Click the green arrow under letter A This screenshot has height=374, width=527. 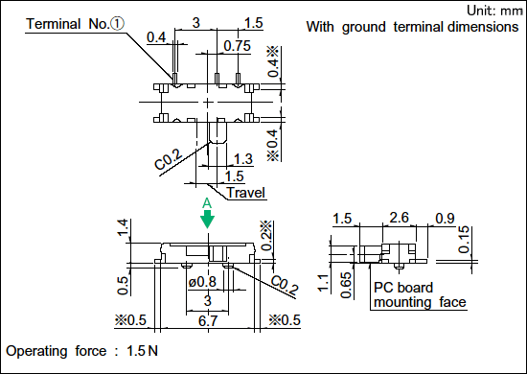pos(207,220)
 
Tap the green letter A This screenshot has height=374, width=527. pos(207,203)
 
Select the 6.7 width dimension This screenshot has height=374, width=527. pos(208,321)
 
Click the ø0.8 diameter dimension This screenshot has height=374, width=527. pos(202,282)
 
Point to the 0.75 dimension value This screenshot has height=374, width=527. pos(238,46)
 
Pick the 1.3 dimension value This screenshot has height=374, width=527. pos(243,159)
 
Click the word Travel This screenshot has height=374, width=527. pos(246,193)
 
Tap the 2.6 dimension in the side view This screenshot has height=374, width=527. pos(399,218)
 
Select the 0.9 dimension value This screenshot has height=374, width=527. pos(445,219)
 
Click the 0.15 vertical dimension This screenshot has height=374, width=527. pos(464,239)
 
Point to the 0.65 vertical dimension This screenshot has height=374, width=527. pos(346,285)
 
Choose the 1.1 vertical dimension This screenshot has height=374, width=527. pos(323,283)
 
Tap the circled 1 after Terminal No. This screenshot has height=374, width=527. pos(117,24)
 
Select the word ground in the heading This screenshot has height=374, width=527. pos(364,27)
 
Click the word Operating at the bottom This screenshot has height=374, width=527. pos(36,352)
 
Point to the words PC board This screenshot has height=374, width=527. pos(403,288)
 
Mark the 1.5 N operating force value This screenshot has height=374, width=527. pos(142,351)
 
